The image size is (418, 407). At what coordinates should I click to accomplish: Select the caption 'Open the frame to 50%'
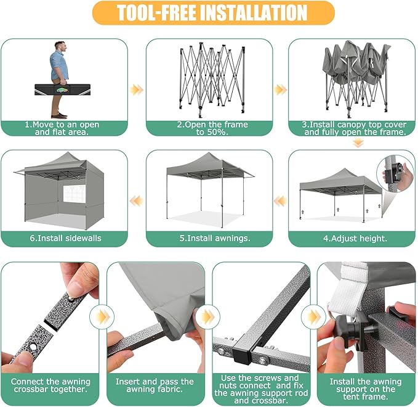[209, 128]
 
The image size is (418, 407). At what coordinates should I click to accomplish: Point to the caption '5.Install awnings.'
[209, 239]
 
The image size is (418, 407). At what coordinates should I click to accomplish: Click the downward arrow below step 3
[358, 143]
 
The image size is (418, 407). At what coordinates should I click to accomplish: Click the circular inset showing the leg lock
[395, 173]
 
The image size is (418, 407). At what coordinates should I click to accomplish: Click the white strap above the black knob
[345, 287]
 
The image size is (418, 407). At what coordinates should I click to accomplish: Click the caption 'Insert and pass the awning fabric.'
[155, 386]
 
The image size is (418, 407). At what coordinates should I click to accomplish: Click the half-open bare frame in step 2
[209, 80]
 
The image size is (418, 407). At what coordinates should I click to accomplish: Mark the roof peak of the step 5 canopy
[201, 156]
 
